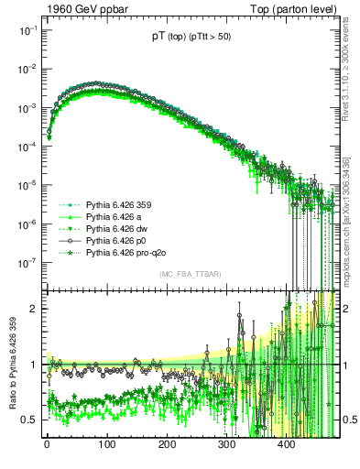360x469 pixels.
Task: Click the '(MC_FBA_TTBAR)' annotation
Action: click(191, 275)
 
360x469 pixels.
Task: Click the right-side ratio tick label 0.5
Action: click(348, 420)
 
